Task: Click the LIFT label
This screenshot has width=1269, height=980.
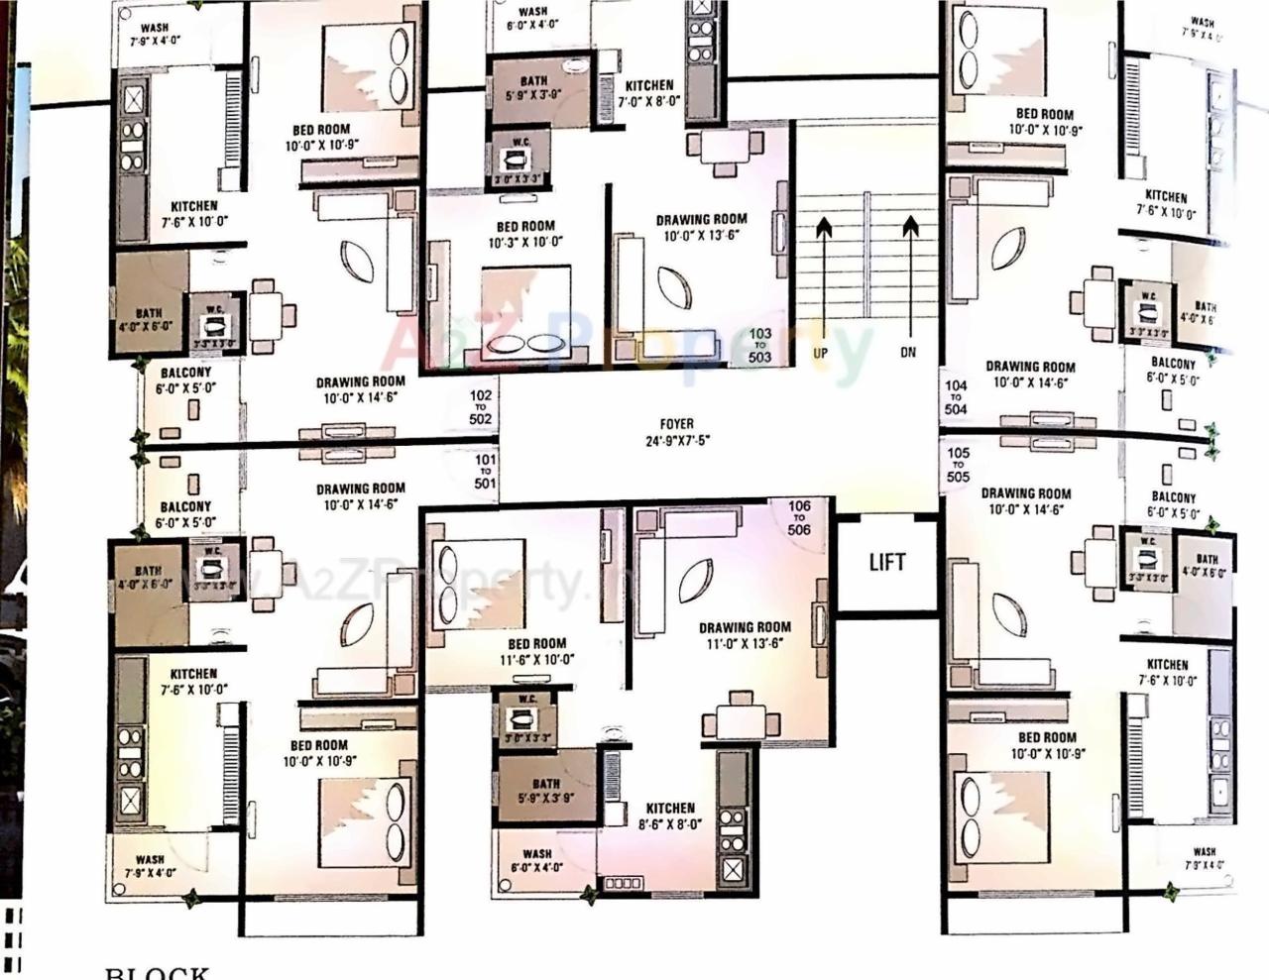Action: (886, 562)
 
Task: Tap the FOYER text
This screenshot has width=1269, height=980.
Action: (676, 424)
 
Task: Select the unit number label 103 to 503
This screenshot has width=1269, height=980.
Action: (760, 346)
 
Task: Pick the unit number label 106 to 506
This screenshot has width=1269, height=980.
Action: (799, 517)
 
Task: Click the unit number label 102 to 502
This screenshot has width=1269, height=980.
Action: (481, 406)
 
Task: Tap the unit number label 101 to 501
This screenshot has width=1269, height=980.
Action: (485, 472)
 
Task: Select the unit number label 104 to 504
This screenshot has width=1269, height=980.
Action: (956, 397)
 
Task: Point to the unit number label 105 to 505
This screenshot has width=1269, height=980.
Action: (958, 465)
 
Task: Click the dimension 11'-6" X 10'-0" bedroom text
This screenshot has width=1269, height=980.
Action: (537, 660)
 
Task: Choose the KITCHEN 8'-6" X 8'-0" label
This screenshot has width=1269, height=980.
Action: (670, 816)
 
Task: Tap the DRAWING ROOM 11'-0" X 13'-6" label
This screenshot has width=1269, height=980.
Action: (745, 634)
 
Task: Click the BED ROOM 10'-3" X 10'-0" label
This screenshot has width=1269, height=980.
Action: (525, 234)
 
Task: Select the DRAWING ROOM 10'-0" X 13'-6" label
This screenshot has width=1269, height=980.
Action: (701, 227)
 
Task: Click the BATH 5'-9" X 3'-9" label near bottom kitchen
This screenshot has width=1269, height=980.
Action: (545, 790)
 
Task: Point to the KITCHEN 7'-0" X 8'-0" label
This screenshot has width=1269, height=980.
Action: (649, 93)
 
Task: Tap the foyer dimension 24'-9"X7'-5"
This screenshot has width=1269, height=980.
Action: (676, 441)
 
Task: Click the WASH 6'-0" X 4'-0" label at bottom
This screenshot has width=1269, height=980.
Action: (536, 860)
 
